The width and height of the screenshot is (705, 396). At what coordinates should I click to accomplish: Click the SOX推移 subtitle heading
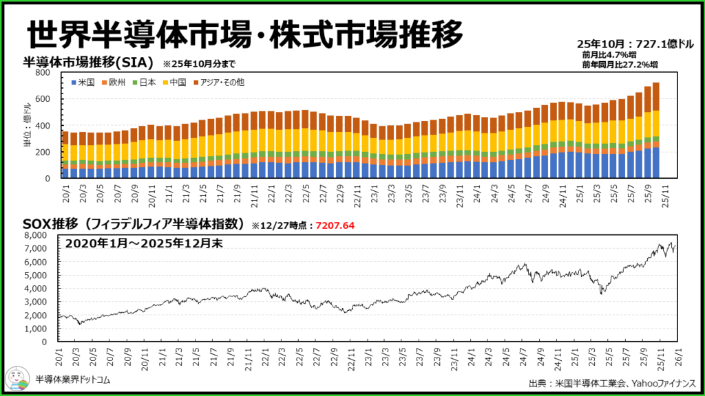pyautogui.click(x=134, y=223)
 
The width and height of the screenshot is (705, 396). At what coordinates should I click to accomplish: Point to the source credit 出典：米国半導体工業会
pyautogui.click(x=578, y=383)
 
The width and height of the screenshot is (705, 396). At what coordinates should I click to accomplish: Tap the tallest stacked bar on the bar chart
pyautogui.click(x=655, y=131)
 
